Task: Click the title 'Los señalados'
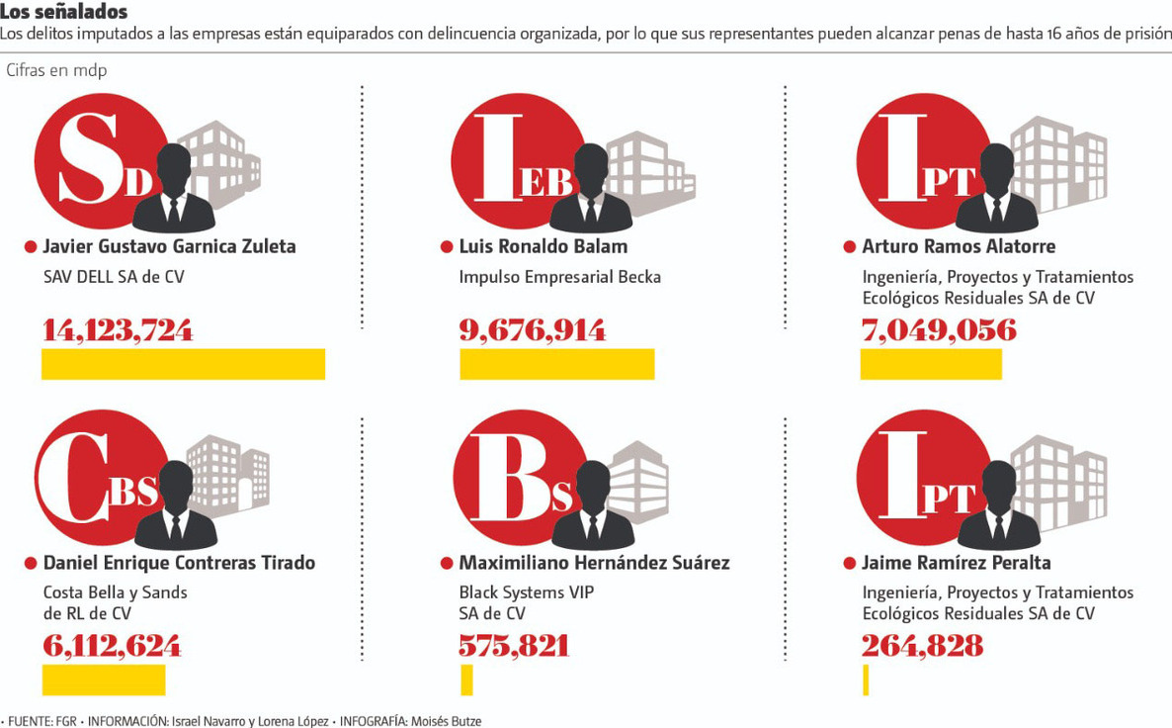tap(64, 12)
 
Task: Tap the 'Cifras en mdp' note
tap(56, 71)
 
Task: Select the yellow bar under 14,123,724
tap(183, 364)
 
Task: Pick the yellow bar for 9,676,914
tap(556, 364)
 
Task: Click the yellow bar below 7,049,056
tap(931, 364)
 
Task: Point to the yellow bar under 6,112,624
tap(103, 680)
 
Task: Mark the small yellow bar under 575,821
tap(466, 680)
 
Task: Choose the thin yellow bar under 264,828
tap(866, 680)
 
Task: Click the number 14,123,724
tap(118, 330)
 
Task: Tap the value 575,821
tap(514, 646)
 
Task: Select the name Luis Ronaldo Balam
tap(543, 246)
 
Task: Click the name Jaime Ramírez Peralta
tap(956, 563)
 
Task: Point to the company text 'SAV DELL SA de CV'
tap(114, 277)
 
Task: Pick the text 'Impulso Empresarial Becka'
tap(559, 277)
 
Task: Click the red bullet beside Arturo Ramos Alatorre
tap(849, 246)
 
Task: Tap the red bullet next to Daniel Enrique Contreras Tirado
tap(31, 563)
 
